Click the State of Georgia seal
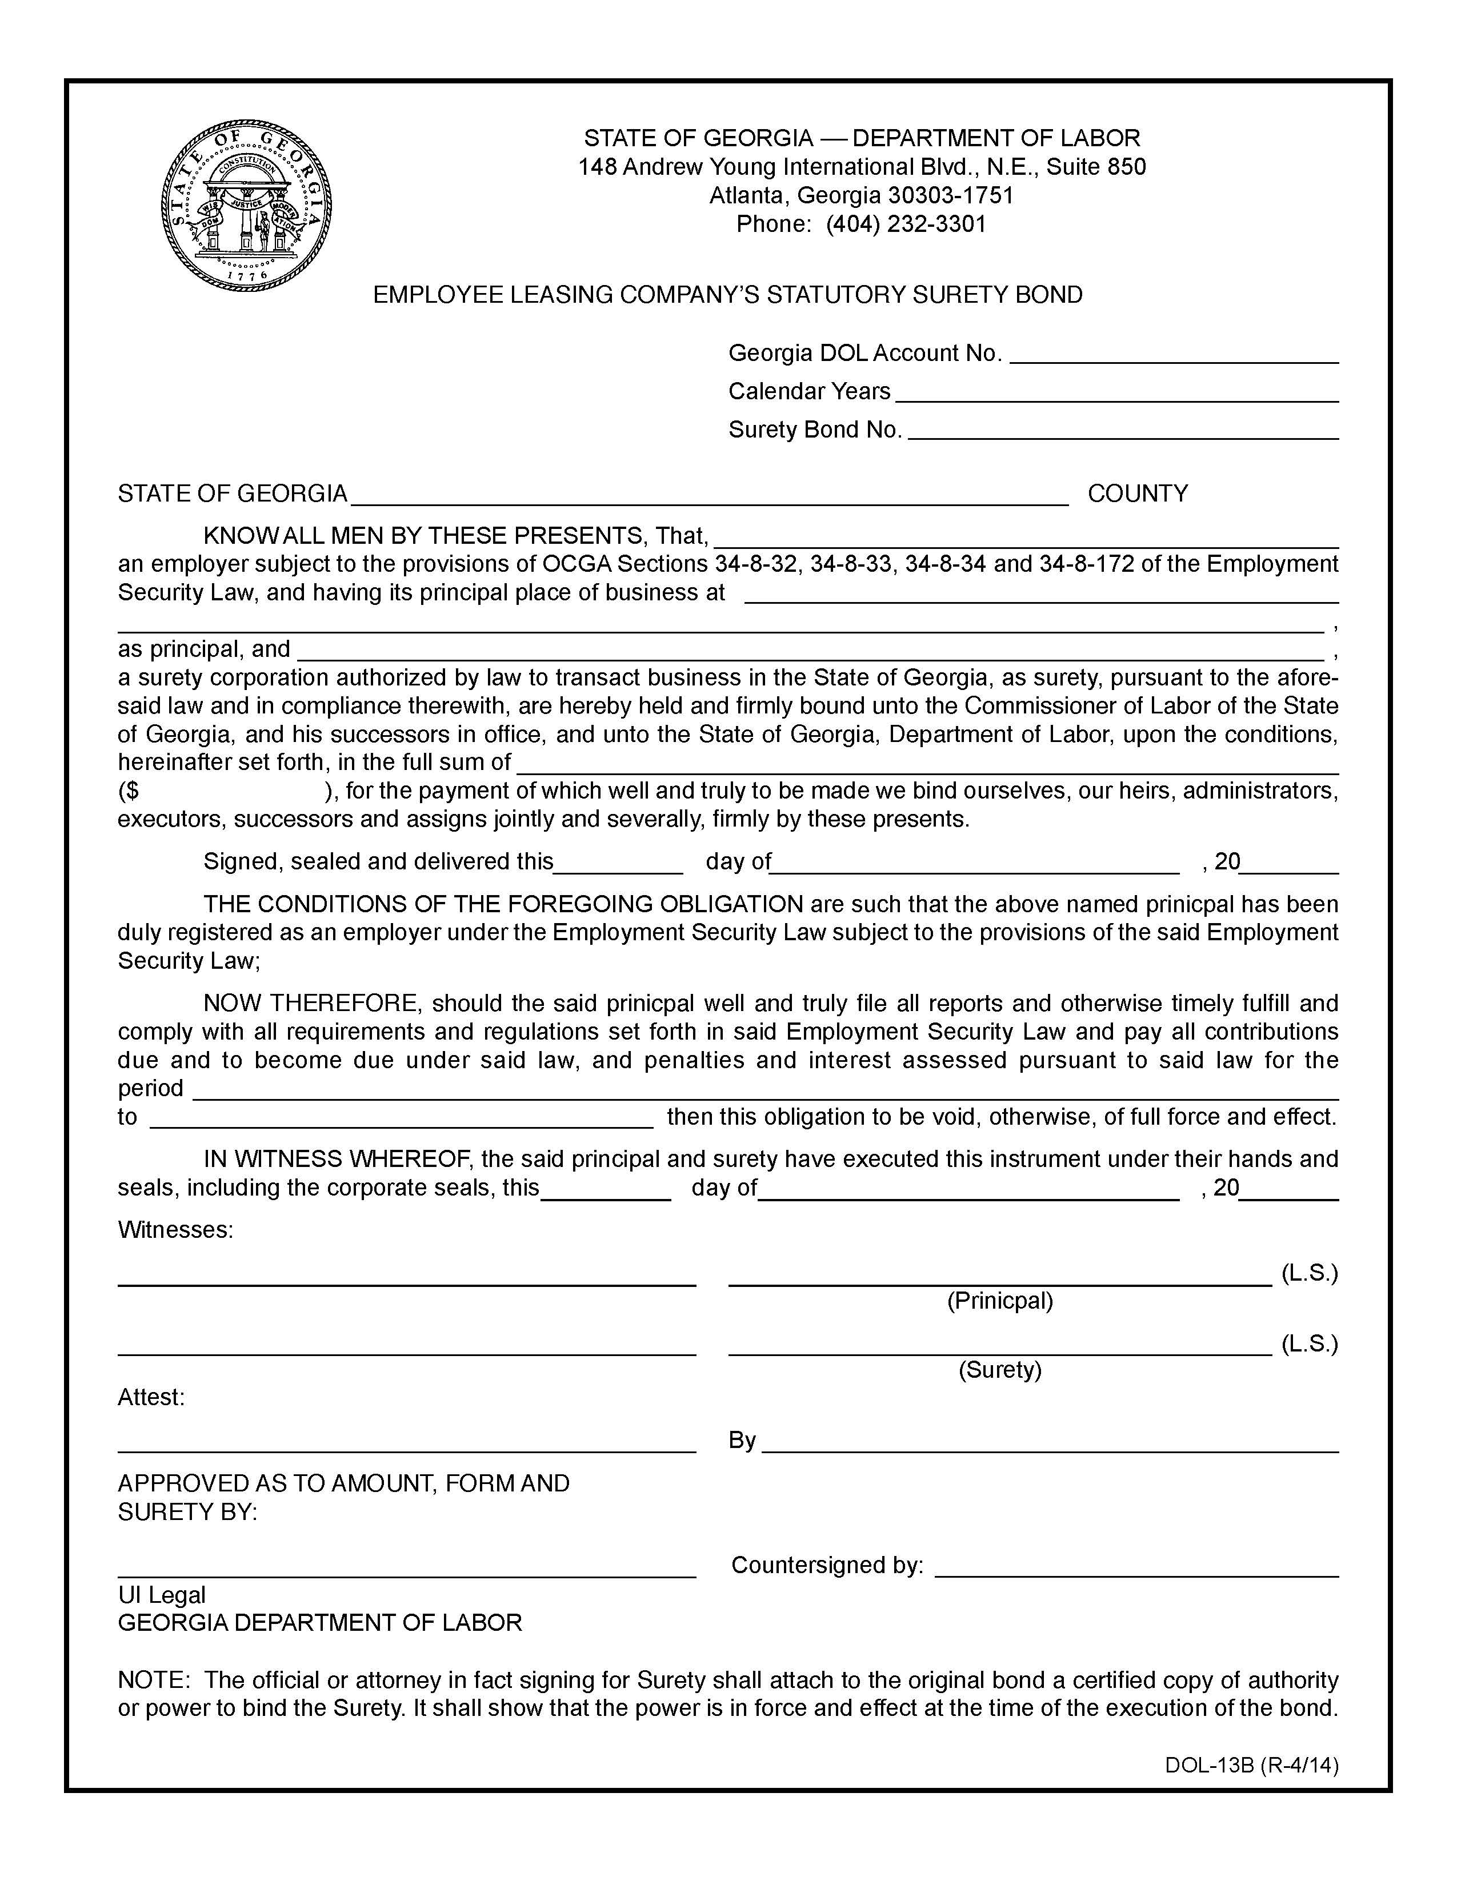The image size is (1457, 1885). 246,206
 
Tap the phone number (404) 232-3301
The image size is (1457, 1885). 906,224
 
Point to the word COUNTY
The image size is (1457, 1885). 1137,494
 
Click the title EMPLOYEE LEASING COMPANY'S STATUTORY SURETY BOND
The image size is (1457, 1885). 727,295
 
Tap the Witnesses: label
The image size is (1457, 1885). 175,1229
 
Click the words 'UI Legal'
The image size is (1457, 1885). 161,1595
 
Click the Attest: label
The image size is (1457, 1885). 151,1397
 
